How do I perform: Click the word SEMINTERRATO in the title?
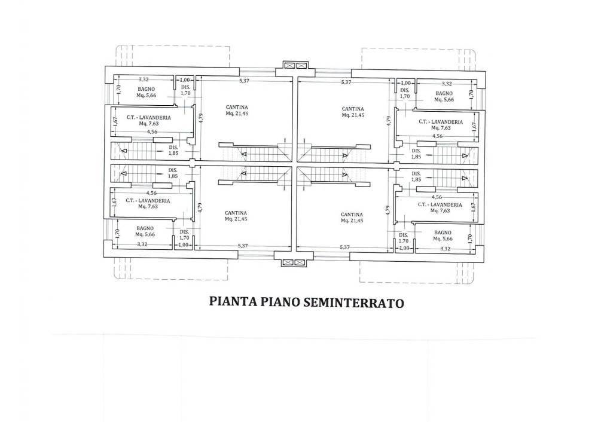coord(353,302)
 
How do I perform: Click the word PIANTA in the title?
coord(233,301)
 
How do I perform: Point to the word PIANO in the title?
coord(279,302)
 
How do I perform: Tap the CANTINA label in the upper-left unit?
coord(236,108)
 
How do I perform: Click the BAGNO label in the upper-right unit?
coord(444,93)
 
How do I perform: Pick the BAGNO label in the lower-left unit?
coord(145,228)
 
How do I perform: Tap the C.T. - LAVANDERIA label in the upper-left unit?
coord(149,117)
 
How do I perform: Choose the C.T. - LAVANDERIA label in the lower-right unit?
coord(440,204)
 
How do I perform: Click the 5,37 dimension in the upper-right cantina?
coord(346,82)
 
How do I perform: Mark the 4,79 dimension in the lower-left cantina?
coord(200,207)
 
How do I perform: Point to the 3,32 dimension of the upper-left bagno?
coord(144,79)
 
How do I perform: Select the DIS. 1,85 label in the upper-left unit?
coord(173,150)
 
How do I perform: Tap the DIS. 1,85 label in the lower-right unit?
coord(416,176)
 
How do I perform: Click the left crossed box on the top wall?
coord(289,65)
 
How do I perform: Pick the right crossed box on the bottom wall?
coord(300,262)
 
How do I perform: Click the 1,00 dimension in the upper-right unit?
coord(406,83)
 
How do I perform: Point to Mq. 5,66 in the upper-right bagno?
coord(444,99)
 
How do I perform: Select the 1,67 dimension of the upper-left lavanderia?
coord(115,121)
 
